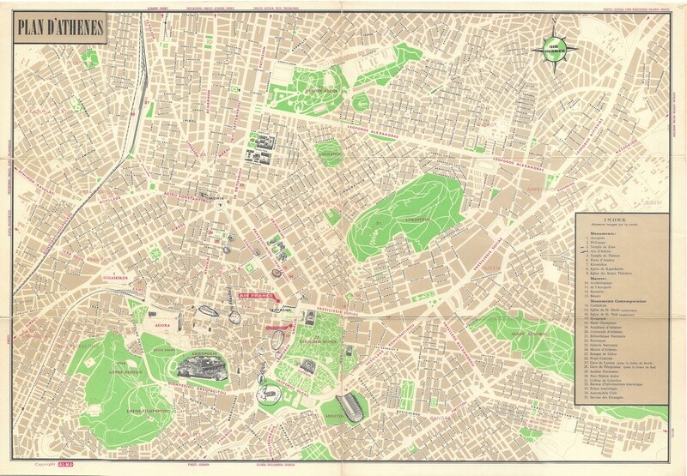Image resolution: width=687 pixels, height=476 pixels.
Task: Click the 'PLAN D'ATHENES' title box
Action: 58,29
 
